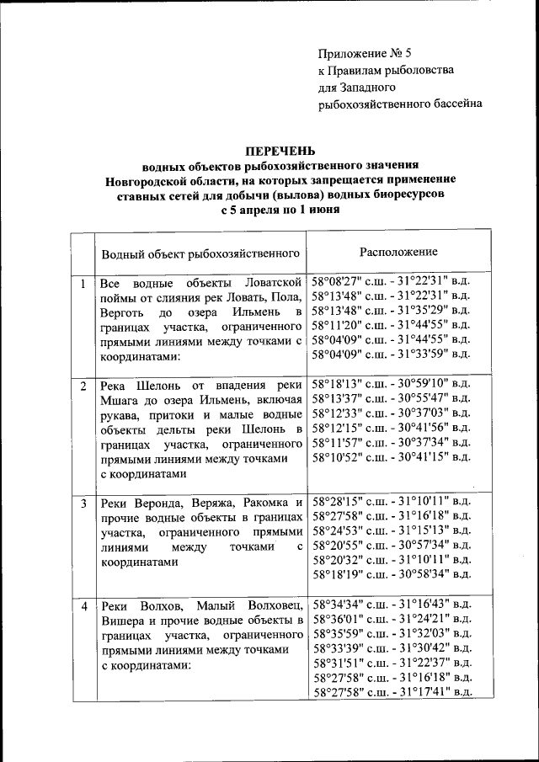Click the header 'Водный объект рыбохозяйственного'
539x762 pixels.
[x=201, y=253]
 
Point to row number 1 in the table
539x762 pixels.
[x=83, y=285]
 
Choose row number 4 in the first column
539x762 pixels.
[x=83, y=606]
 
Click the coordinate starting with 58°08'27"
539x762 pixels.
[x=392, y=281]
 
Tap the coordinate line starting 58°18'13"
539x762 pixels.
[x=392, y=384]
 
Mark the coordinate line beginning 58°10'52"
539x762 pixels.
[x=392, y=457]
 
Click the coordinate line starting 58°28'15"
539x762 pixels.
[x=392, y=501]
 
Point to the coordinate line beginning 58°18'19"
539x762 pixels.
[x=392, y=574]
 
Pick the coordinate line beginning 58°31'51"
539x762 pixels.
[x=392, y=663]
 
